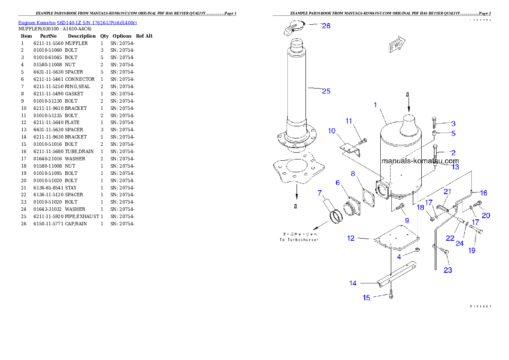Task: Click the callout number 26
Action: point(326,26)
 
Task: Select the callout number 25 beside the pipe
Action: point(326,91)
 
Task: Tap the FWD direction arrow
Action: point(397,45)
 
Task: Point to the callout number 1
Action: point(375,104)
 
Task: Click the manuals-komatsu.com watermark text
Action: point(420,161)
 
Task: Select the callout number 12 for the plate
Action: point(351,238)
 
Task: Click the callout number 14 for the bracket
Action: point(353,283)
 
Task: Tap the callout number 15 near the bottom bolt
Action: point(367,298)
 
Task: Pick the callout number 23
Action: point(447,270)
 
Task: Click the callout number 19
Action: point(471,251)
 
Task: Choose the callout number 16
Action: point(483,193)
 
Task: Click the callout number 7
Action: point(320,193)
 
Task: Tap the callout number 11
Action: point(349,121)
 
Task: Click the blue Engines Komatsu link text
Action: point(77,23)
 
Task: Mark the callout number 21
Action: point(447,191)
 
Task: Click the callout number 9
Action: point(407,220)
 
